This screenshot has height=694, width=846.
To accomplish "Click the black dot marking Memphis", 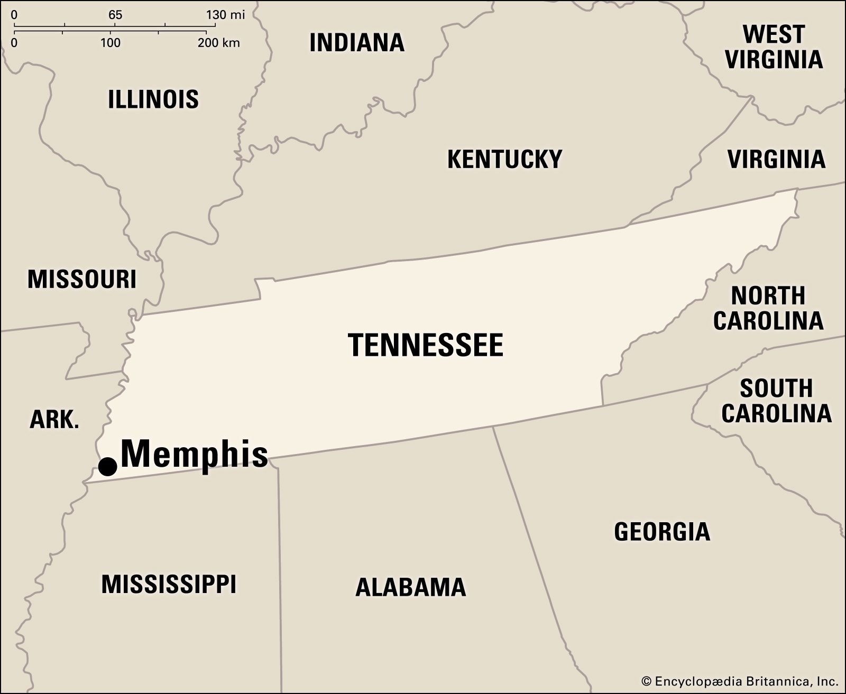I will click(x=108, y=467).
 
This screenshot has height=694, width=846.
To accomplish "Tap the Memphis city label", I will click(x=195, y=455).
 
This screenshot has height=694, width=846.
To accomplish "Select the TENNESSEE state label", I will click(x=426, y=345).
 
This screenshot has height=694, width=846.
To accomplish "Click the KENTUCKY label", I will click(x=504, y=159).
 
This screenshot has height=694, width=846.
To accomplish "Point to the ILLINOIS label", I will click(x=153, y=99).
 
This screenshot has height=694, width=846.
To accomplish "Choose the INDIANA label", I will click(x=357, y=43).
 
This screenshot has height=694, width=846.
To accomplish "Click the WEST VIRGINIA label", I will click(x=774, y=47).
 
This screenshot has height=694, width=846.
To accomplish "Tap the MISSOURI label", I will click(x=82, y=279).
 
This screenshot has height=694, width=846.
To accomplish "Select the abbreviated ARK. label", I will click(x=54, y=420).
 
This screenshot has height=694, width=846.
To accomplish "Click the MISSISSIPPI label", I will click(x=169, y=585).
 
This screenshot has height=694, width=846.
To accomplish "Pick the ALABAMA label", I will click(x=410, y=587).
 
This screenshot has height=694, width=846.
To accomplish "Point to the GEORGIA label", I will click(x=661, y=532).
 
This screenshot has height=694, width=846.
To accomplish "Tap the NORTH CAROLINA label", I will click(x=768, y=308).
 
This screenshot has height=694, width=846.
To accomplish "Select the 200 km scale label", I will click(x=219, y=42).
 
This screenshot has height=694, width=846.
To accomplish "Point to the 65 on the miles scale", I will click(x=115, y=15).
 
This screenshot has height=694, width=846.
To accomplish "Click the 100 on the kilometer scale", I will click(x=110, y=42).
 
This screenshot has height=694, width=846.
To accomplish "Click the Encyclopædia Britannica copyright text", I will click(x=739, y=681).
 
